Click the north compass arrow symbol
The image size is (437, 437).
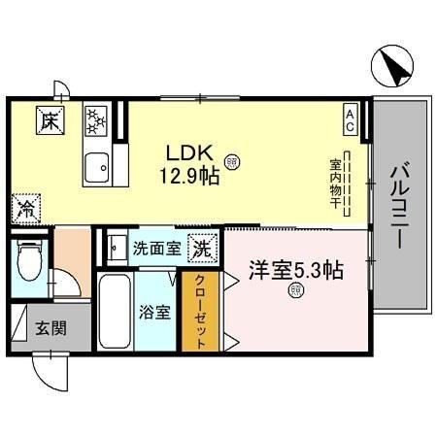(x=393, y=67)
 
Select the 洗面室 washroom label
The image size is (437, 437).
(x=155, y=247)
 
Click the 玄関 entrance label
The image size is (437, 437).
(x=50, y=328)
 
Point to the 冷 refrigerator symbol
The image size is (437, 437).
(x=26, y=208)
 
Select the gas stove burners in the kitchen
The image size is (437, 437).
(x=96, y=121)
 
